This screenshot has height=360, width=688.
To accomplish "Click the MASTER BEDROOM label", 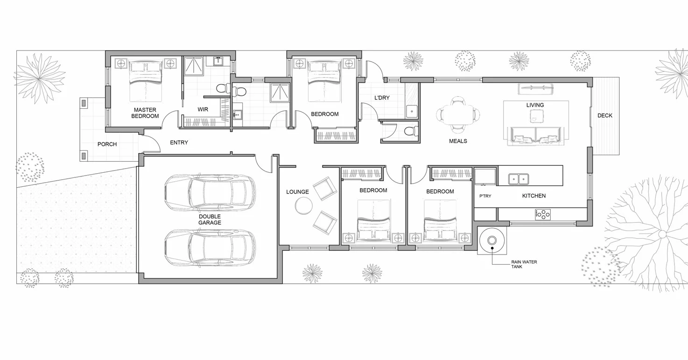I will (x=145, y=113).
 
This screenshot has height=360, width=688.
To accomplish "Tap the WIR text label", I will (x=203, y=110).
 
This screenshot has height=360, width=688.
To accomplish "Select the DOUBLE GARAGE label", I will (x=210, y=219).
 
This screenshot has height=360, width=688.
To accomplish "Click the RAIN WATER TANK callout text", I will (x=524, y=264).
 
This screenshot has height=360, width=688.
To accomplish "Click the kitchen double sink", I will (x=518, y=178).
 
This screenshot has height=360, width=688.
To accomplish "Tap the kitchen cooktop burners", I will (x=542, y=214).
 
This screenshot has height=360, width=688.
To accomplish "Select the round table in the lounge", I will (x=303, y=205).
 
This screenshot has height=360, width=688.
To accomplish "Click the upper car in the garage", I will (x=210, y=192).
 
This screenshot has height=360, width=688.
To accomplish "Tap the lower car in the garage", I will (x=210, y=247).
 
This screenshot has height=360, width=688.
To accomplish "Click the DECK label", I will (x=605, y=115).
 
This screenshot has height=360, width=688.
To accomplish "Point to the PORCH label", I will (x=107, y=144).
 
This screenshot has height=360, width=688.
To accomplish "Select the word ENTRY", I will (x=179, y=142).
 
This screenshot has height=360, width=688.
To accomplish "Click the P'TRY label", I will (x=485, y=196).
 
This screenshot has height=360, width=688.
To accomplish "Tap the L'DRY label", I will (x=382, y=98).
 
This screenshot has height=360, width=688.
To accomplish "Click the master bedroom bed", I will (x=145, y=82).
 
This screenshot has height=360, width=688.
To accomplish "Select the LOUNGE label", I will (x=297, y=192).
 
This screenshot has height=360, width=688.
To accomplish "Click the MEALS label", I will (x=458, y=141).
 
